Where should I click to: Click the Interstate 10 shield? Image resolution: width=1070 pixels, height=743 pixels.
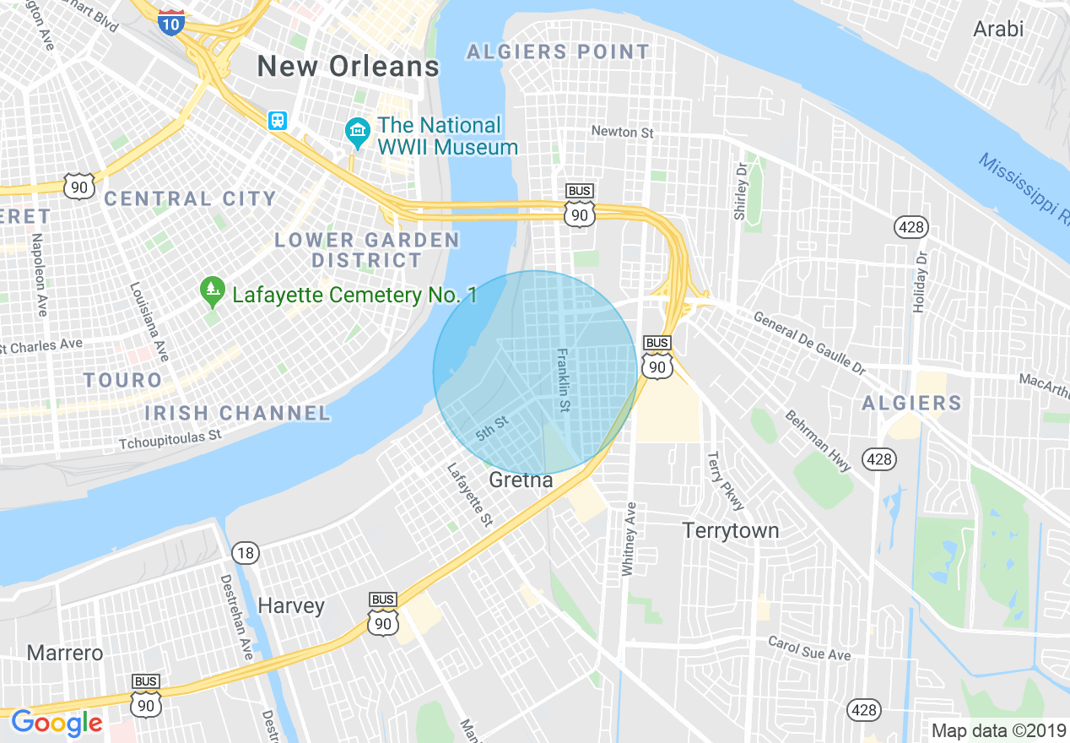[170, 22]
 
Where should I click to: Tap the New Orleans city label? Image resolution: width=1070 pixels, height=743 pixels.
[348, 67]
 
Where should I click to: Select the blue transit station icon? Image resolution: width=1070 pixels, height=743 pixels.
[278, 121]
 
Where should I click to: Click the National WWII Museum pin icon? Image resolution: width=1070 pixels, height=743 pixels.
[357, 133]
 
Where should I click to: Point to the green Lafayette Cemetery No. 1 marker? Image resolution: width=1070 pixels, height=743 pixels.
[211, 291]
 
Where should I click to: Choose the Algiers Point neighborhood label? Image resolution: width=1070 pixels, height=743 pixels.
[558, 52]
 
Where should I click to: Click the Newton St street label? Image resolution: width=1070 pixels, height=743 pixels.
[622, 132]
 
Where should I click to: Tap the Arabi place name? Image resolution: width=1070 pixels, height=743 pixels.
[998, 29]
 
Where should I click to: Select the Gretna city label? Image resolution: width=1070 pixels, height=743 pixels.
[521, 480]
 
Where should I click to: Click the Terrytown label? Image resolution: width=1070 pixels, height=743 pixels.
[730, 531]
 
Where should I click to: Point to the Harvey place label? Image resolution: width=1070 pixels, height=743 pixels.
[290, 606]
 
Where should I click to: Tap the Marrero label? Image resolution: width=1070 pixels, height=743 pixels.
[65, 653]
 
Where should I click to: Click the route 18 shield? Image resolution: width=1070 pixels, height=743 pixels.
[245, 554]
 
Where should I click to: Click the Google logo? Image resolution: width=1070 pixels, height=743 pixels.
[57, 723]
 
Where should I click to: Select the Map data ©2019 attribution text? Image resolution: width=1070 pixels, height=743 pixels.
[996, 730]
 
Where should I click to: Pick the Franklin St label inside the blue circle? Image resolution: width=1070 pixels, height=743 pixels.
[563, 382]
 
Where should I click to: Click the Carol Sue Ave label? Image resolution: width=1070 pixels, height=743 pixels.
[809, 648]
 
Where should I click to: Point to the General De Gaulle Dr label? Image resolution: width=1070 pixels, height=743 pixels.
[809, 342]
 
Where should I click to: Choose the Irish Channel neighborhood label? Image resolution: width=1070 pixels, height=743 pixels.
[237, 413]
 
